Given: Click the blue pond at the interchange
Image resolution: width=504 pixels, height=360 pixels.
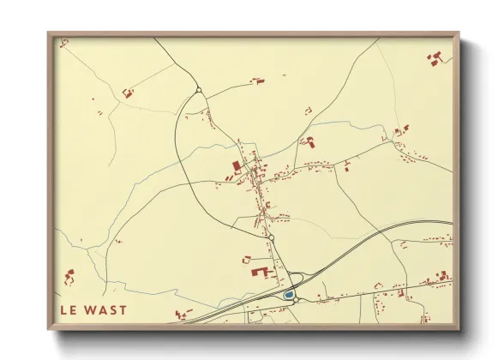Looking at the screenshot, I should coord(289,295).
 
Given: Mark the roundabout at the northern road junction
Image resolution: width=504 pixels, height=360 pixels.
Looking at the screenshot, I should coord(198,89).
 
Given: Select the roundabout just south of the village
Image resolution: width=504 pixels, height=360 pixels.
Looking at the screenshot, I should coord(269,236).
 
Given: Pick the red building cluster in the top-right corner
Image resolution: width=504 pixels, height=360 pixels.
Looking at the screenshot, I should coord(435,58).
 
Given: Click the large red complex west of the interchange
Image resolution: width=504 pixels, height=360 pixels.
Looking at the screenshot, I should coord(259,271).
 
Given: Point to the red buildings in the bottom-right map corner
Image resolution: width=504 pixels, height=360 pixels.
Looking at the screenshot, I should coord(442,277).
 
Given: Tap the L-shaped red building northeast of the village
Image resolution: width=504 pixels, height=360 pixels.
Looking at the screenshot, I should coord(309,142).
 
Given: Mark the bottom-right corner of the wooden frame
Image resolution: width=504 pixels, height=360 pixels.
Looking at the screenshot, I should coord(459,328).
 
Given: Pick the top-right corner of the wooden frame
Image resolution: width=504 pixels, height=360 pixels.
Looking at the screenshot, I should coord(459,34).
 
